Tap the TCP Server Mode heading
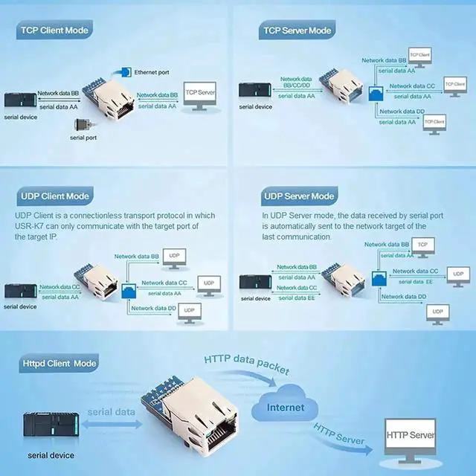pos(296,30)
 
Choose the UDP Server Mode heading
pos(297,196)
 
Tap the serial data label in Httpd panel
pos(112,411)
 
